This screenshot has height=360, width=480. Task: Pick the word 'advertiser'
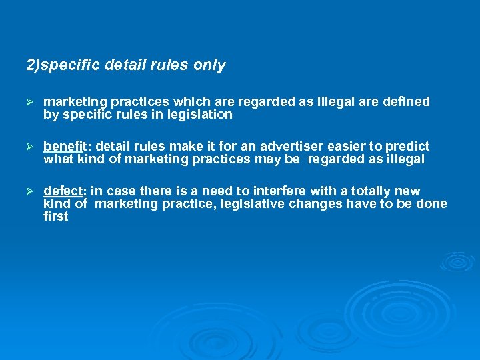coord(291,146)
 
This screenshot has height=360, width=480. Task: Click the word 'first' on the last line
coord(55,217)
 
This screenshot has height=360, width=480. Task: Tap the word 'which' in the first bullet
coord(191,102)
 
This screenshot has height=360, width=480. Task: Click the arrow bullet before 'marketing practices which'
coord(29,103)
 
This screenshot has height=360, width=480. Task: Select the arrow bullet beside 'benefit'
coord(29,147)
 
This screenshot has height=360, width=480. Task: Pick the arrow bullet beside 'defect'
coord(29,192)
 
